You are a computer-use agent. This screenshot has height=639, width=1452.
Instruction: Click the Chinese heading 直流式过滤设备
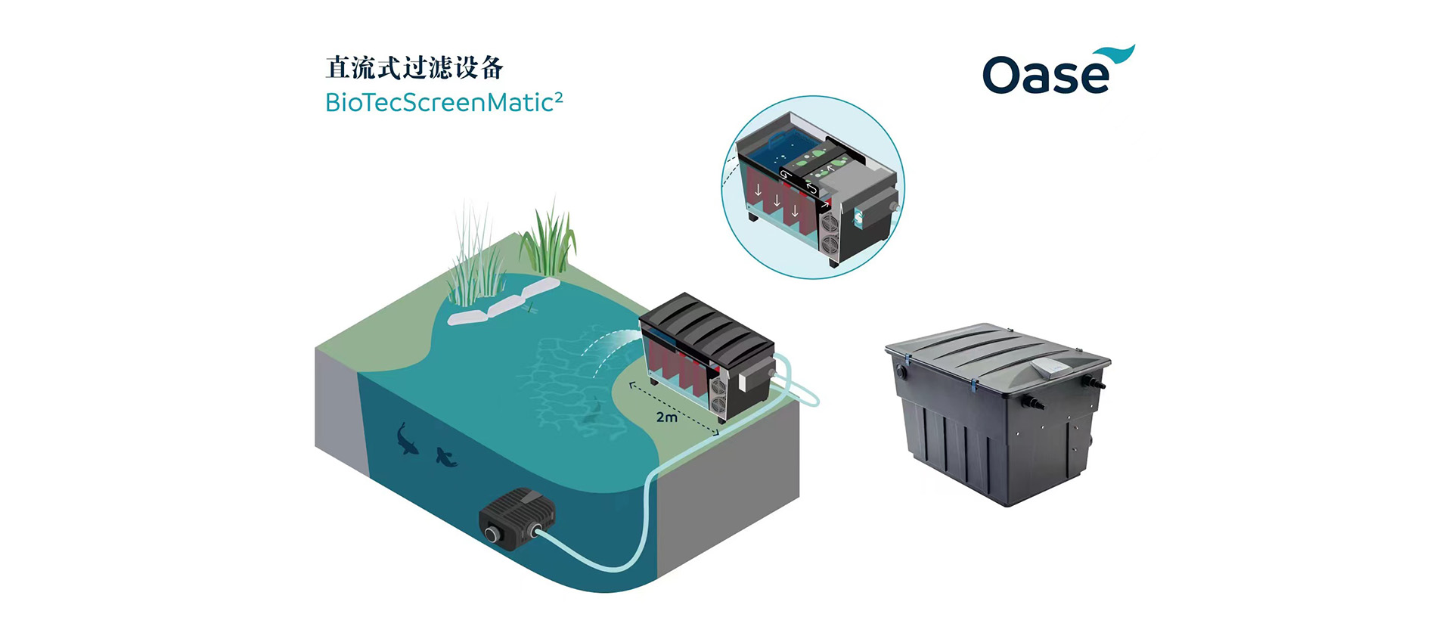coord(414,68)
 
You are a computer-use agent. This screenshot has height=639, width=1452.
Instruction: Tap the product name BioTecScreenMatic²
coord(443,102)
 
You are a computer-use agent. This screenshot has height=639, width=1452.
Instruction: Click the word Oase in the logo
coord(1045,76)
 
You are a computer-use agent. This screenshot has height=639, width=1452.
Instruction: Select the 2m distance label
coord(666,417)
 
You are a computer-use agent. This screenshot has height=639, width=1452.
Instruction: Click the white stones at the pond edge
coord(502,302)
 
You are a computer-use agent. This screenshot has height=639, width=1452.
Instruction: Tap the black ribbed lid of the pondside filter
coord(707,326)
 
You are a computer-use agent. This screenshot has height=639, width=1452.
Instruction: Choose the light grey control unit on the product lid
coord(1055,368)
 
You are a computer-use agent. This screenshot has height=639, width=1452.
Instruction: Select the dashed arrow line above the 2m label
coord(673,407)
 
